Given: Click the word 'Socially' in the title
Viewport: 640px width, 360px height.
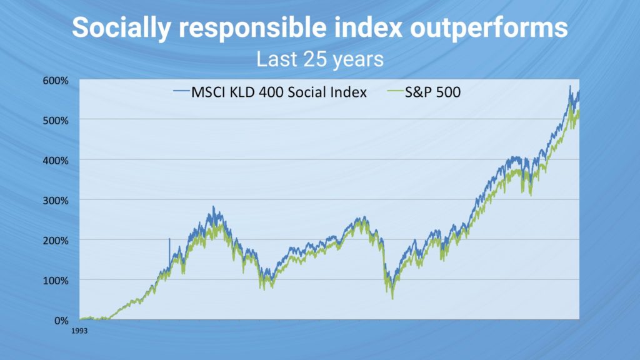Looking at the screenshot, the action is click(x=121, y=27).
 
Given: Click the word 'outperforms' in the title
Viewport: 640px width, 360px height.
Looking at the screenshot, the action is click(x=489, y=27).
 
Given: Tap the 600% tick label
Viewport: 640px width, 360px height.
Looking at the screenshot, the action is click(x=56, y=81).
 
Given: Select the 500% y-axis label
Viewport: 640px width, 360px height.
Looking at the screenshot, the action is click(x=56, y=121).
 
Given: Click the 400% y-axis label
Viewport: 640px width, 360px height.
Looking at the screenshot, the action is click(x=56, y=161).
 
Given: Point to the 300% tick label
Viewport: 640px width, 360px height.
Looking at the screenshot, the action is click(x=56, y=201).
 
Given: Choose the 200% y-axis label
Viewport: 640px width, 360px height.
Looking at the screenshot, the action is click(x=56, y=241).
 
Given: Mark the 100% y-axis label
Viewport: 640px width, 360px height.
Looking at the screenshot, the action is click(x=56, y=281).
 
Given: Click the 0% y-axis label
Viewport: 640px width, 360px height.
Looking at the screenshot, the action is click(x=61, y=321).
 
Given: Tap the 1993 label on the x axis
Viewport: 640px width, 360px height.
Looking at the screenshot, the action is click(x=79, y=331).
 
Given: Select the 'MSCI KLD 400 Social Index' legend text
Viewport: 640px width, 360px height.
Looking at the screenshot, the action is click(x=279, y=92).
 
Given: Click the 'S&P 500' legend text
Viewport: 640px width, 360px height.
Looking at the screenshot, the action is click(x=432, y=92).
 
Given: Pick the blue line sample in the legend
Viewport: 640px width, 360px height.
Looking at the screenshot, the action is click(x=182, y=91).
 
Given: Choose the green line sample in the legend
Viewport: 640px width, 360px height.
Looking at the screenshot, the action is click(x=395, y=91).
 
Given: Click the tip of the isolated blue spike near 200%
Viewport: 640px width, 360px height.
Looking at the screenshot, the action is click(x=169, y=238).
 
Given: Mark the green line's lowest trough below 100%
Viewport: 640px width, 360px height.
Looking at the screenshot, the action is click(x=392, y=299).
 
